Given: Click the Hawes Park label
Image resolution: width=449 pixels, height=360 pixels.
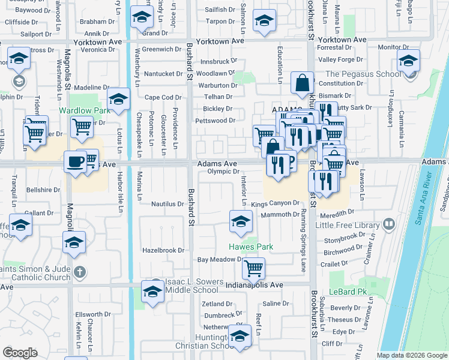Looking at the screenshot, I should [251, 247].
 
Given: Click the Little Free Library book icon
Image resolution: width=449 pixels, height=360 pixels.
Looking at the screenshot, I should [389, 225].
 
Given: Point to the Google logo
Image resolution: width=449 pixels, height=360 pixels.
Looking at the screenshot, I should [20, 353].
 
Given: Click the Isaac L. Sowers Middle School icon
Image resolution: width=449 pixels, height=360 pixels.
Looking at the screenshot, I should [152, 292].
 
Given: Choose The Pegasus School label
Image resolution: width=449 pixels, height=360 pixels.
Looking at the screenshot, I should [363, 74].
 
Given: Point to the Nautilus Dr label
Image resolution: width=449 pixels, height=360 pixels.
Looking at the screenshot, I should [167, 204].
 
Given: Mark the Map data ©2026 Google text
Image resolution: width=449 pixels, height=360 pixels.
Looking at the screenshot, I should [411, 355].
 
